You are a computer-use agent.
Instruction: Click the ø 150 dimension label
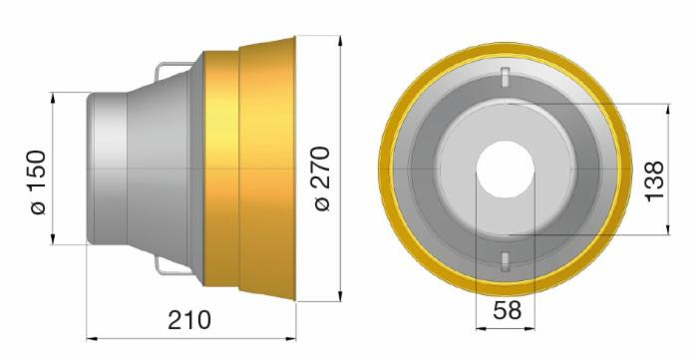point(38,182)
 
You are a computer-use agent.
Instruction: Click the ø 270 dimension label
point(322,178)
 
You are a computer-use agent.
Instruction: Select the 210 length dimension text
point(189,320)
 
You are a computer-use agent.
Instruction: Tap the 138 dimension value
point(654,181)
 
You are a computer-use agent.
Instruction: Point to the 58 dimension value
point(507,310)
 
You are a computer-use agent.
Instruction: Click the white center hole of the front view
point(506,170)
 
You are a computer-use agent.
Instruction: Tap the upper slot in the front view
point(506,77)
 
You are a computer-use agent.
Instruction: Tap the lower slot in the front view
point(506,261)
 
